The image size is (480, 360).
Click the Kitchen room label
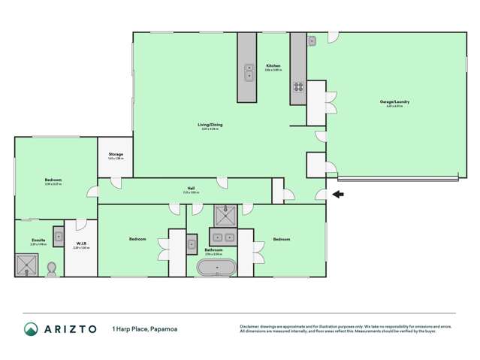[273, 66]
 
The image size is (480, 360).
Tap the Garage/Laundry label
[394, 102]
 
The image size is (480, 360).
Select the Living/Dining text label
[210, 125]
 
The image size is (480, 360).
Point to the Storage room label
[115, 154]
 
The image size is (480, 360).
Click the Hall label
[192, 189]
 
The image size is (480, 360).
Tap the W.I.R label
[81, 244]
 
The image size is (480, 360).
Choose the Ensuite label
[38, 241]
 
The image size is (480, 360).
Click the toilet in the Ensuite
[51, 268]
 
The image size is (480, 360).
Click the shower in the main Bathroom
[225, 216]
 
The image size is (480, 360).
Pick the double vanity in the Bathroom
[219, 237]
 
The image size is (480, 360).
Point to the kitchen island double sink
[249, 71]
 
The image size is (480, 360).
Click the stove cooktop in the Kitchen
[298, 86]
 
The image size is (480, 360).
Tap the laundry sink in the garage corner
[312, 40]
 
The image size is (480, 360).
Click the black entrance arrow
[338, 195]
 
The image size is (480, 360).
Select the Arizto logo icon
[31, 328]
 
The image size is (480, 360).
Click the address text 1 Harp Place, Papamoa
[145, 329]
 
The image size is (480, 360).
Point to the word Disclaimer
[250, 326]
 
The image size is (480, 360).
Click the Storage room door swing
[115, 182]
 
